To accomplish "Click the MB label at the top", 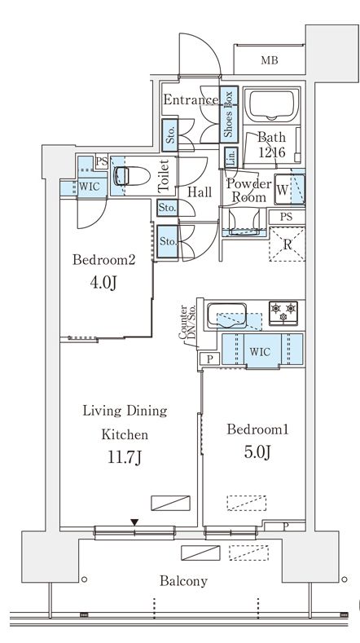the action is [270, 60].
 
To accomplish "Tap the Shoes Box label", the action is [228, 114].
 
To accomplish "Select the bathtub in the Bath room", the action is [271, 104].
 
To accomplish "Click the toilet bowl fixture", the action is [130, 176].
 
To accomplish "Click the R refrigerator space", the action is [287, 244].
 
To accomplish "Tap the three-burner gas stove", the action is [283, 312].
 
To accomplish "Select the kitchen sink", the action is [226, 315].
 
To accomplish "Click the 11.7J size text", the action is [125, 457].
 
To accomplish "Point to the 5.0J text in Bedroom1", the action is [257, 452].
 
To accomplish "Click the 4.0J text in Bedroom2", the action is [103, 283].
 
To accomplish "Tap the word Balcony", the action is [183, 581].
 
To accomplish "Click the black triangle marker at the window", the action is [134, 522].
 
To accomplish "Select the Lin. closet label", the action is [230, 156].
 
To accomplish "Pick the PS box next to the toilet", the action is [101, 161].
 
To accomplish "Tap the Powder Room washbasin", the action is [244, 222].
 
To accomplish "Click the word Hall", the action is [200, 192].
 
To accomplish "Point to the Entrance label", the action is [191, 99].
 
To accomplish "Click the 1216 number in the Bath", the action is [271, 152].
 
